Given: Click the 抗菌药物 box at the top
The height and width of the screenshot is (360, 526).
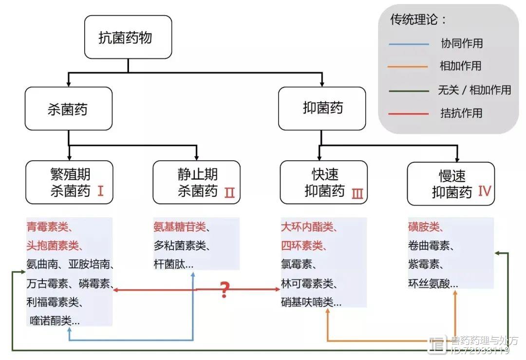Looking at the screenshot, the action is (x=128, y=37).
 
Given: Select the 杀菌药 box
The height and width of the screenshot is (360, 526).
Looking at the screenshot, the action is (x=69, y=109).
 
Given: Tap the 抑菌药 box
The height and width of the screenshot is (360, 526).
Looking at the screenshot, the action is (x=322, y=108).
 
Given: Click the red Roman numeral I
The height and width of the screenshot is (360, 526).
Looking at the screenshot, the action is (x=100, y=191).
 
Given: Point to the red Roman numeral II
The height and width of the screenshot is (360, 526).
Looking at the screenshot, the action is (x=229, y=192).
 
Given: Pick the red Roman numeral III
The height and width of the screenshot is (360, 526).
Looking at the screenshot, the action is (x=357, y=193).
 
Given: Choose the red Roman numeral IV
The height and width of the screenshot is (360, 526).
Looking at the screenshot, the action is (x=485, y=191).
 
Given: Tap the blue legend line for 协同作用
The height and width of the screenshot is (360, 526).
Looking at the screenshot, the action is (x=409, y=44).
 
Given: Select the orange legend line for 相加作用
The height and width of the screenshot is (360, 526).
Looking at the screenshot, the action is (x=408, y=67).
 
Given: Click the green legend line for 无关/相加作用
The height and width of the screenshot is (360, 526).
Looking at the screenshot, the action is (x=409, y=91).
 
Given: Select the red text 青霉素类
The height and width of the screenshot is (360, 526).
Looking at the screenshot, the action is (x=47, y=227).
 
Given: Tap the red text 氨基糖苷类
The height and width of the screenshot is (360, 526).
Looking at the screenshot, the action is (x=180, y=227).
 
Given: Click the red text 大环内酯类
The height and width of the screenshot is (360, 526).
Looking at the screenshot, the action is (x=307, y=227).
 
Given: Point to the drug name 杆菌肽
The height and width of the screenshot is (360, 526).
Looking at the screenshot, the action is (x=169, y=265).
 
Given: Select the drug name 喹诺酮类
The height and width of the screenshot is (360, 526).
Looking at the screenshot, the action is (x=50, y=321).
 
